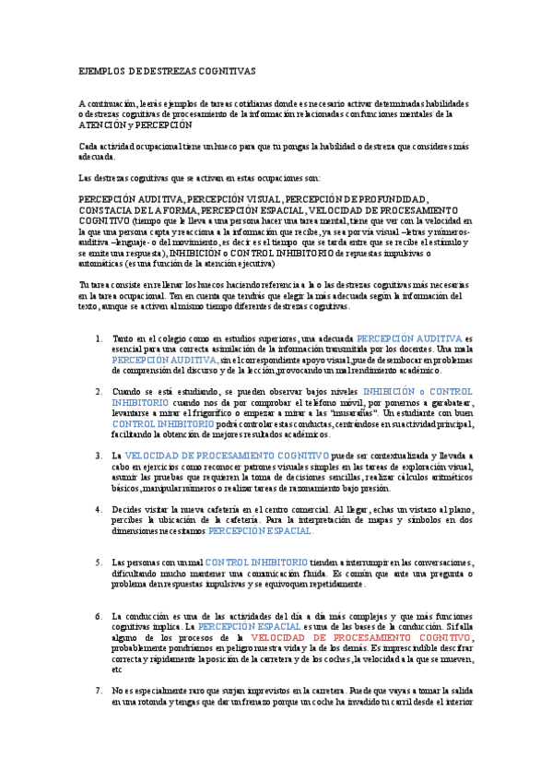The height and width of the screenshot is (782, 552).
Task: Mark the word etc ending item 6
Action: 117,669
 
